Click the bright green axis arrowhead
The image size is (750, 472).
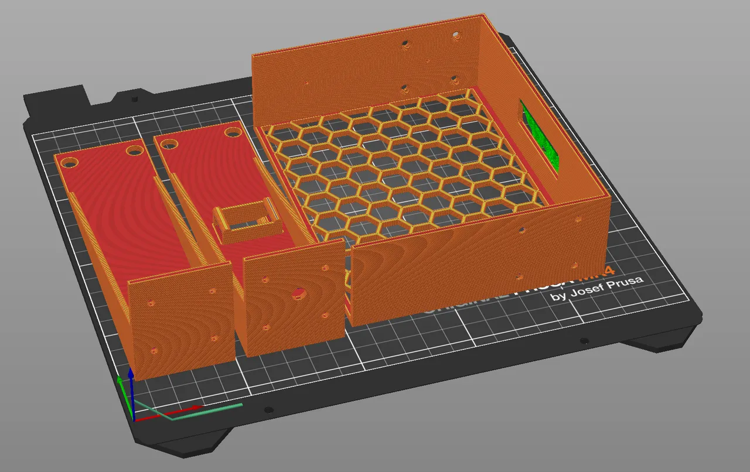(x=120, y=381)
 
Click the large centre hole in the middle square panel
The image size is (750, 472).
(x=299, y=292)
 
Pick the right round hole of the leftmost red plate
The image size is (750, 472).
(x=134, y=151)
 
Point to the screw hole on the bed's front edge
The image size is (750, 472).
(x=268, y=410)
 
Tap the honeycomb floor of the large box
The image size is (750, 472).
(x=398, y=164)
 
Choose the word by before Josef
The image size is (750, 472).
(x=558, y=297)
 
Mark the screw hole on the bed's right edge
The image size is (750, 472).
(x=584, y=341)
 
